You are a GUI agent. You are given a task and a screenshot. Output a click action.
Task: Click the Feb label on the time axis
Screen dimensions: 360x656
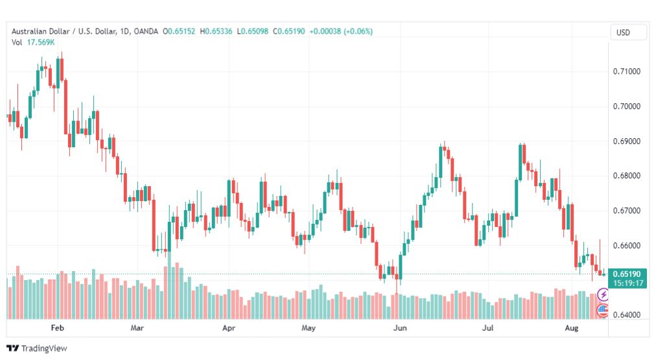[x=57, y=328]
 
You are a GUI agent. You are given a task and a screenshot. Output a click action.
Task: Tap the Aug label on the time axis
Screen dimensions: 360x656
[x=572, y=328]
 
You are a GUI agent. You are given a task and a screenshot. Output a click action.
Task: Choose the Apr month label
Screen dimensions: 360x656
[x=228, y=328]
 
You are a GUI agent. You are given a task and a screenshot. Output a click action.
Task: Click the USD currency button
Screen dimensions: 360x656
[x=623, y=32]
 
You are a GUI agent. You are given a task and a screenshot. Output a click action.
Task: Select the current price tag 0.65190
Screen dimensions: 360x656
[x=626, y=274]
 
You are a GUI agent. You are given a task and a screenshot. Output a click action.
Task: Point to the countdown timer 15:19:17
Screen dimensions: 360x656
[x=626, y=283]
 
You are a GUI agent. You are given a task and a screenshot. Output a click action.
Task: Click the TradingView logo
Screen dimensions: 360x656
[x=37, y=348]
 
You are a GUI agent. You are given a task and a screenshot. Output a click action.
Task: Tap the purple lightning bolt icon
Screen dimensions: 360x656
[x=603, y=295]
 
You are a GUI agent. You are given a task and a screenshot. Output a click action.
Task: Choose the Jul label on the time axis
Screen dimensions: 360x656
[x=489, y=328]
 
